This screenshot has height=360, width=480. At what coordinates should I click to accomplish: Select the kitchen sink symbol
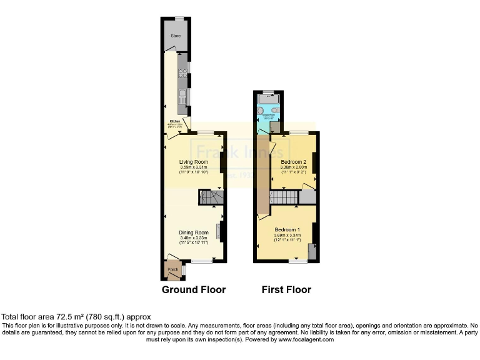click(x=182, y=96)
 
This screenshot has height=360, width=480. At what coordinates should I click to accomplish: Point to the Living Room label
click(x=194, y=161)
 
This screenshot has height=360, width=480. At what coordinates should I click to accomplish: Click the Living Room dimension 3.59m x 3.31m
click(x=194, y=167)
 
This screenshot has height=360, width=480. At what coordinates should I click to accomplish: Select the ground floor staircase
click(x=211, y=198)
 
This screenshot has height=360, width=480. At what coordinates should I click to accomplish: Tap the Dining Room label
click(x=194, y=232)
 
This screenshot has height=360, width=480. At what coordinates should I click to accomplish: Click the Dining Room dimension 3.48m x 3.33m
click(x=194, y=237)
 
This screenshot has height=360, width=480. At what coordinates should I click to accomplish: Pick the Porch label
click(x=172, y=269)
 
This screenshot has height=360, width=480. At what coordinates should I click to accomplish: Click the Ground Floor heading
click(x=194, y=289)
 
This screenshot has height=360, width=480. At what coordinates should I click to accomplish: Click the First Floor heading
click(x=286, y=289)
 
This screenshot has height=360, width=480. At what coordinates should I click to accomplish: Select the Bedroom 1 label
click(x=287, y=229)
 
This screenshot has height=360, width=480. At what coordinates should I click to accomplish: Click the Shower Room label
click(x=269, y=115)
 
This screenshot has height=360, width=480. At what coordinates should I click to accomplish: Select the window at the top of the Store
click(x=179, y=19)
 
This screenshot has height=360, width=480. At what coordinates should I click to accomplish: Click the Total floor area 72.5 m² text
click(x=76, y=317)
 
